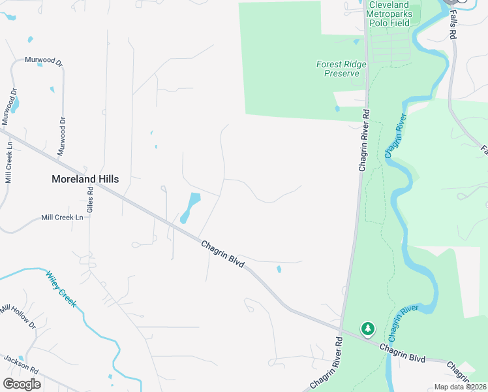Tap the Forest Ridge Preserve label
(341, 69)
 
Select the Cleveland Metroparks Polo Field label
(389, 14)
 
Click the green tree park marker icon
(368, 328)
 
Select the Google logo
(22, 384)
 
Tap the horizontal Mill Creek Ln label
(63, 218)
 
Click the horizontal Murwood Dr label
(43, 61)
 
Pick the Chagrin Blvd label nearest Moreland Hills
(222, 253)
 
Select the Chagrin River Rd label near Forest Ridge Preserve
(365, 139)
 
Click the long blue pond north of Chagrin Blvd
(189, 207)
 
